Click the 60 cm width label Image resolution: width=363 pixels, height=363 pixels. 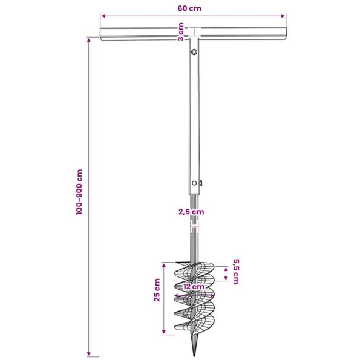[x=190, y=8]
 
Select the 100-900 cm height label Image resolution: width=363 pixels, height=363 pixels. [x=79, y=194]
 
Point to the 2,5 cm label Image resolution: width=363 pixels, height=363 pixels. [x=191, y=212]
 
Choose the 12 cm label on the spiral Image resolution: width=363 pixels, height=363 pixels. [x=194, y=286]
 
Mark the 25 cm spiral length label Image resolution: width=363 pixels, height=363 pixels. [x=157, y=290]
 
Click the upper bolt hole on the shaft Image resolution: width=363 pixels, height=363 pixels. [x=194, y=53]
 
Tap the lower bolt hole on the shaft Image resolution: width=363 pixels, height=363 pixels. [x=194, y=183]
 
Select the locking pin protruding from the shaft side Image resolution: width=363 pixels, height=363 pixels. [x=201, y=183]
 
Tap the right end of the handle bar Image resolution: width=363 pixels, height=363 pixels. [x=285, y=34]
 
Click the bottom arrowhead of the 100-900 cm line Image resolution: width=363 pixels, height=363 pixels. [x=90, y=355]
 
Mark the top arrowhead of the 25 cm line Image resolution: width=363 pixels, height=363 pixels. [x=163, y=264]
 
